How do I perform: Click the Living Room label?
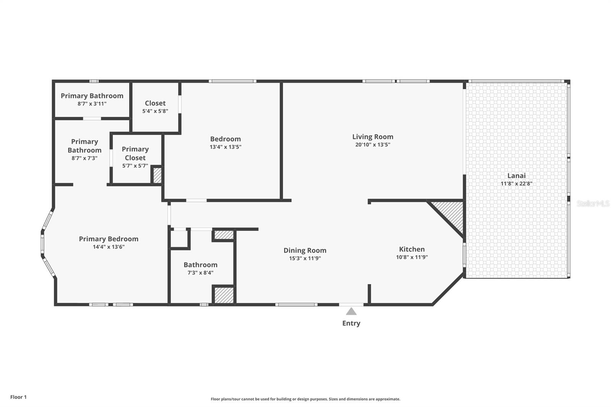tap(372, 137)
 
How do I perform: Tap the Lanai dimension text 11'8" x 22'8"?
tap(516, 184)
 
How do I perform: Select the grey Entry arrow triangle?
tap(351, 312)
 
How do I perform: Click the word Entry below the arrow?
tap(351, 323)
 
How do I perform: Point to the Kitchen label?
tap(412, 249)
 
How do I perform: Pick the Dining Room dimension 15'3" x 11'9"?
tap(305, 258)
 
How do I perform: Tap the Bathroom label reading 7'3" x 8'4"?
tap(200, 265)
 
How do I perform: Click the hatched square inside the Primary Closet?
tap(157, 176)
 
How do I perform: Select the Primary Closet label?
tap(135, 153)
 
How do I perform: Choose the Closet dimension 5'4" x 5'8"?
tap(155, 111)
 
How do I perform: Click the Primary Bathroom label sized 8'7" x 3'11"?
tap(92, 96)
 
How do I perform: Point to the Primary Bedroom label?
tap(108, 239)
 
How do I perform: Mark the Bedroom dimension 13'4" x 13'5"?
tap(225, 147)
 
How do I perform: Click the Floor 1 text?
tap(18, 397)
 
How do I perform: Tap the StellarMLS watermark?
tap(593, 203)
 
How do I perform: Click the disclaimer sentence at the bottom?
tap(305, 399)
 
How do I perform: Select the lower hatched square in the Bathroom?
tap(224, 295)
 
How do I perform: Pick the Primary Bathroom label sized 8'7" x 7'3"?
tap(84, 146)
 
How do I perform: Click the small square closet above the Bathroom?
tap(179, 239)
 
